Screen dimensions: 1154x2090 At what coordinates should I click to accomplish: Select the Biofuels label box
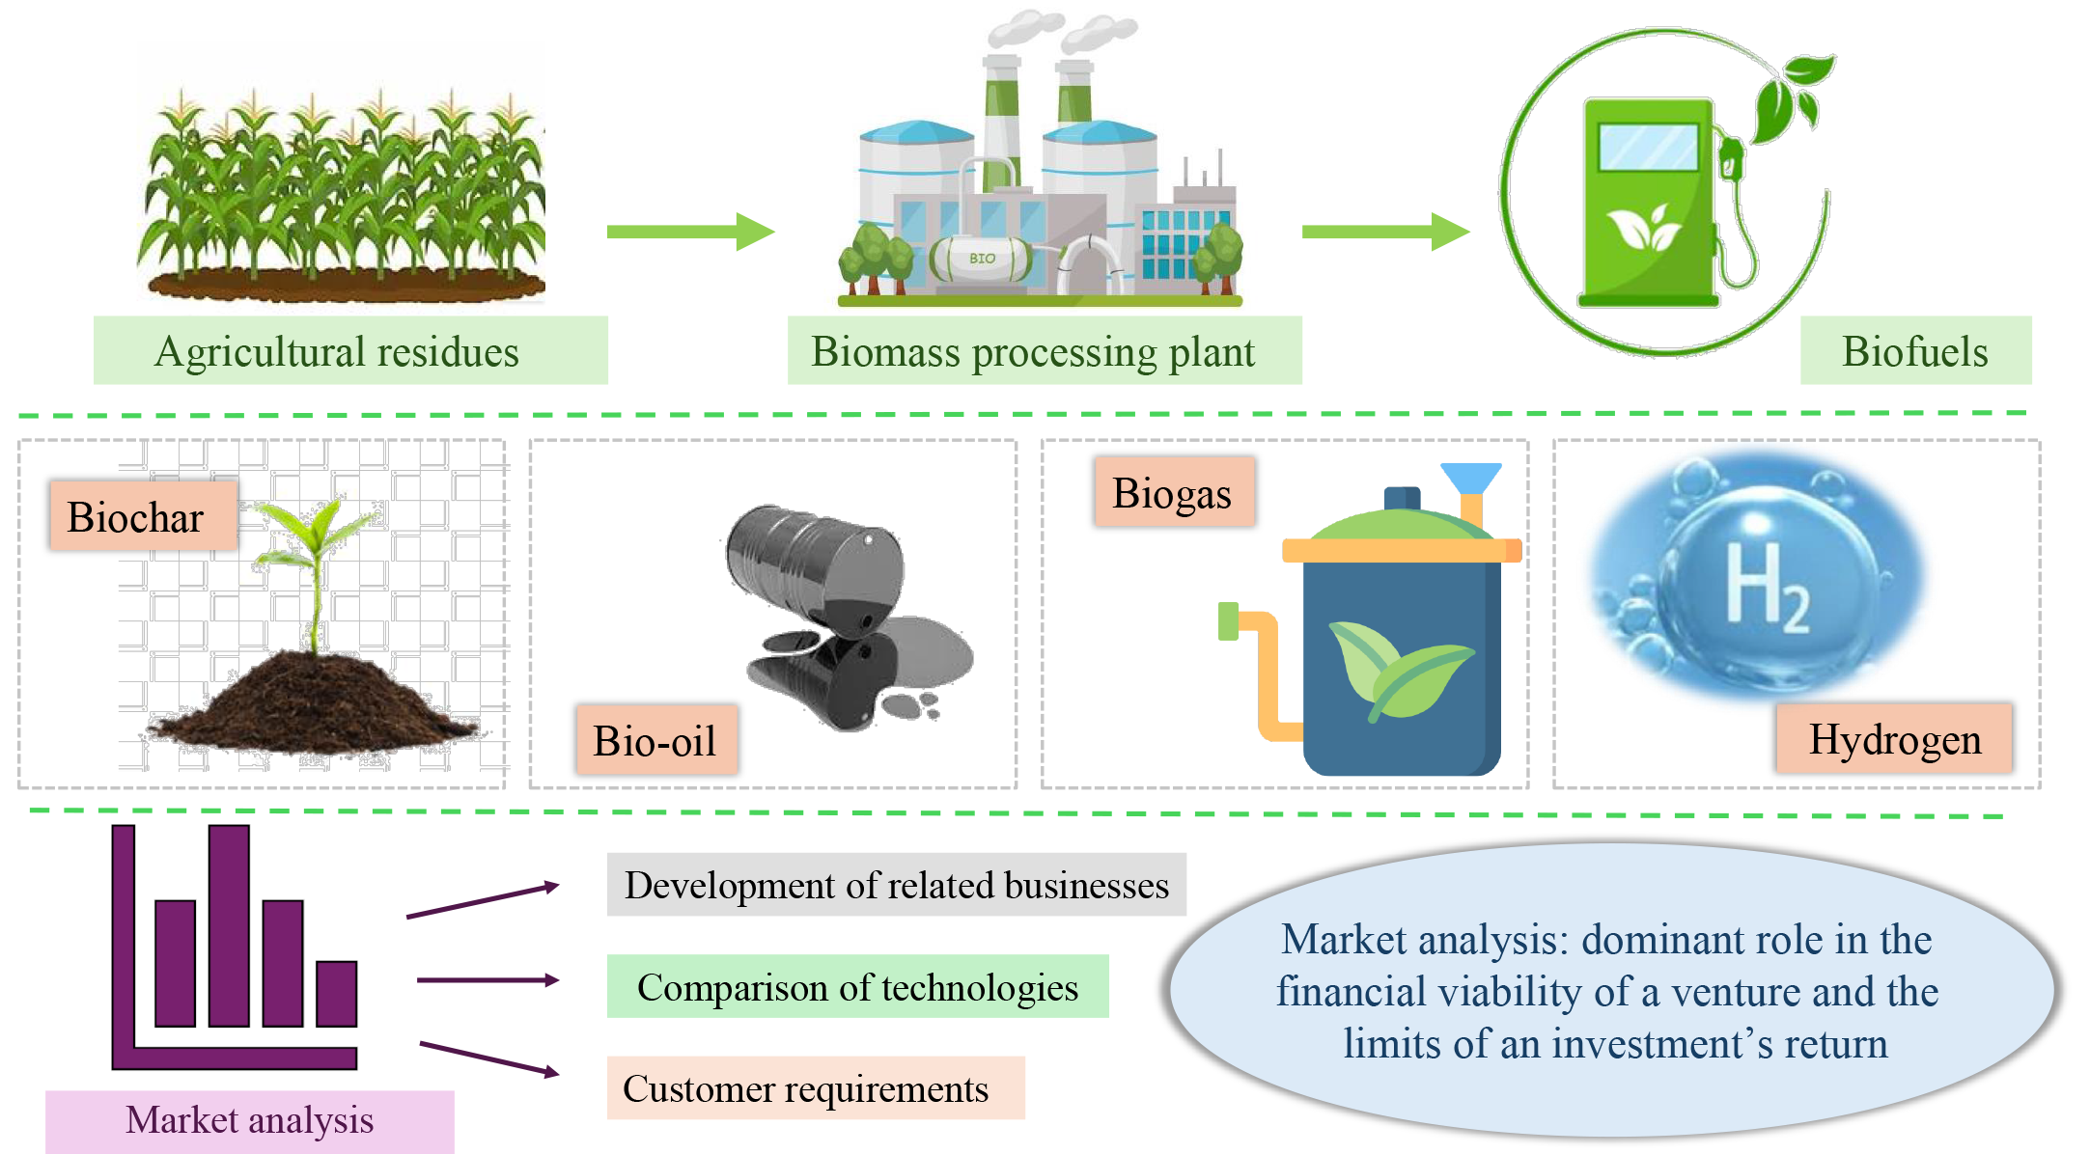click(1915, 351)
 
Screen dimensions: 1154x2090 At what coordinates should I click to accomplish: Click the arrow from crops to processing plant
click(690, 232)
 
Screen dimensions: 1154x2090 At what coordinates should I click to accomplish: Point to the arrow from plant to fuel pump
click(1385, 232)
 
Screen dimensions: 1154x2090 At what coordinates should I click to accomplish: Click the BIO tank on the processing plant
click(981, 259)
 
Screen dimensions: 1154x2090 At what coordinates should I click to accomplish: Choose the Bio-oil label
click(656, 740)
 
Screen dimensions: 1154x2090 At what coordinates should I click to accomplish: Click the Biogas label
click(1174, 492)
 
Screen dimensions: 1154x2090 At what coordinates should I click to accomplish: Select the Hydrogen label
click(1894, 739)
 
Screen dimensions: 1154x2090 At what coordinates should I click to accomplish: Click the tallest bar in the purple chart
click(229, 925)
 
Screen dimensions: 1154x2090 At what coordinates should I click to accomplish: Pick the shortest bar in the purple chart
click(336, 994)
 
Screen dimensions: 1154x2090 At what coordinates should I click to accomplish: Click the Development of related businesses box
click(896, 885)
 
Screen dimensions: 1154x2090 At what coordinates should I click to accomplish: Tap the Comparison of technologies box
click(857, 986)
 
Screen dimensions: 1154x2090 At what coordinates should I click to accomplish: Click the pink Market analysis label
click(249, 1121)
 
